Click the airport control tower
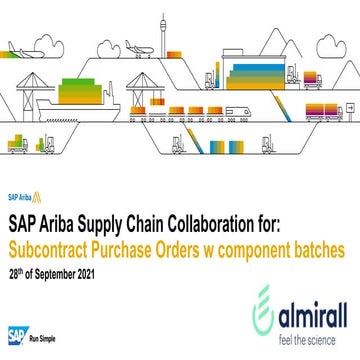tap(163, 34)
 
